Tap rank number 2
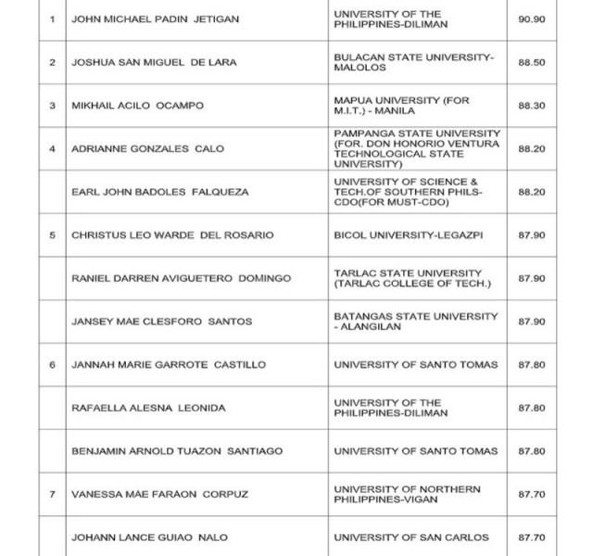click(53, 62)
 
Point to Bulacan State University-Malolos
click(414, 62)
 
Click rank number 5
click(53, 235)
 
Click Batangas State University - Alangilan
click(415, 322)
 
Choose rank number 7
click(53, 494)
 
